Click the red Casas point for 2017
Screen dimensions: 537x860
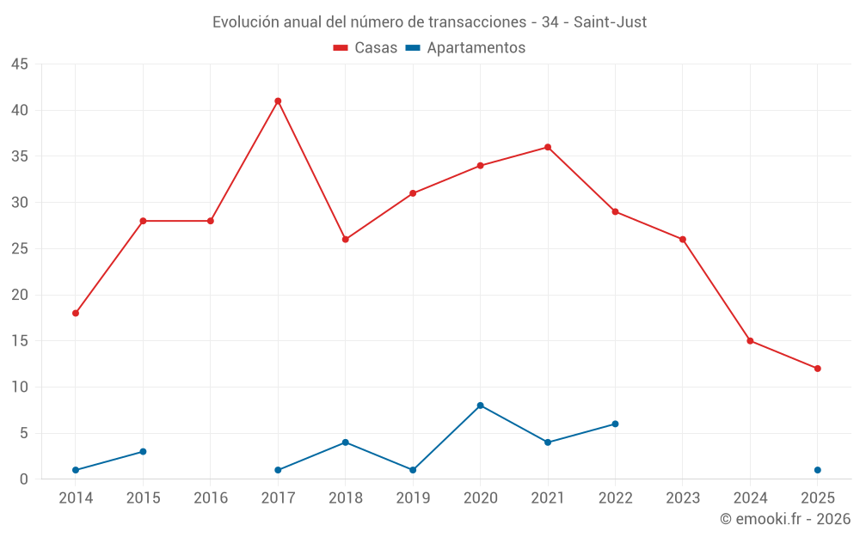[x=278, y=101]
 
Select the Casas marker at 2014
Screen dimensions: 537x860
[x=76, y=314]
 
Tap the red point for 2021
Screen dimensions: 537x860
[x=548, y=147]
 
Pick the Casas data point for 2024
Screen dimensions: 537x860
[x=750, y=341]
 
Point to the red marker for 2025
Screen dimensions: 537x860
[x=818, y=369]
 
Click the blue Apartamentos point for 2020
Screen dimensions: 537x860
[x=480, y=406]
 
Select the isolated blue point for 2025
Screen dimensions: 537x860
[x=818, y=470]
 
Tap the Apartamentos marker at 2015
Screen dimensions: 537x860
[x=143, y=452]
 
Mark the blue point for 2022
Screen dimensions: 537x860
[x=615, y=424]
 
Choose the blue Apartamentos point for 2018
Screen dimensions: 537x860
[x=345, y=442]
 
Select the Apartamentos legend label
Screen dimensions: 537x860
[x=476, y=48]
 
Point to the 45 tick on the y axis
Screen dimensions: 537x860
[x=20, y=64]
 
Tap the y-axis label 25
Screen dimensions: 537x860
[x=20, y=249]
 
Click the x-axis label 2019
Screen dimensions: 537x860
[x=413, y=498]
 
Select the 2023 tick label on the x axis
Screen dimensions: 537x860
[x=683, y=498]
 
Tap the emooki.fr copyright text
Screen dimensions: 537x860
[x=785, y=519]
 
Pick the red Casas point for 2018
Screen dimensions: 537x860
[x=345, y=240]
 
